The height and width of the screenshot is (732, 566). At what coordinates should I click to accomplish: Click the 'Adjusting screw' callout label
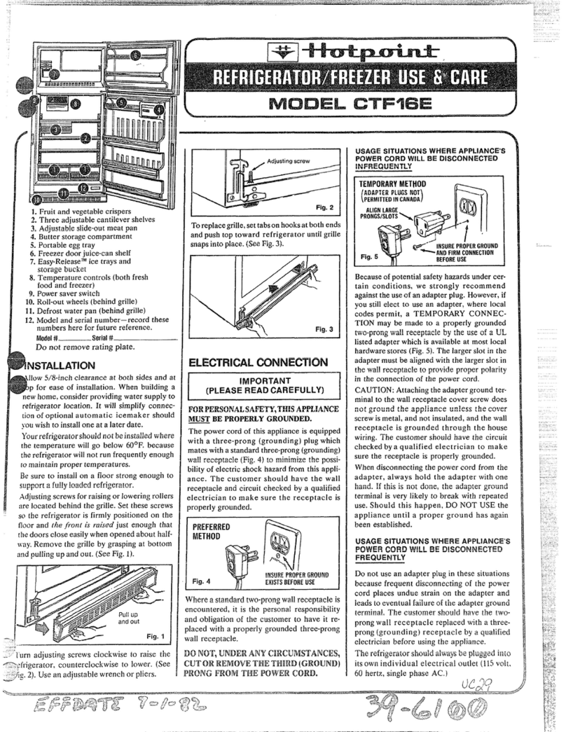287,162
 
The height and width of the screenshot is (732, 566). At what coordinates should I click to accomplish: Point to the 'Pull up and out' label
128,617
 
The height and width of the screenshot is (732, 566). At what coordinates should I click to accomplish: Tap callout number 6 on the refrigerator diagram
135,55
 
